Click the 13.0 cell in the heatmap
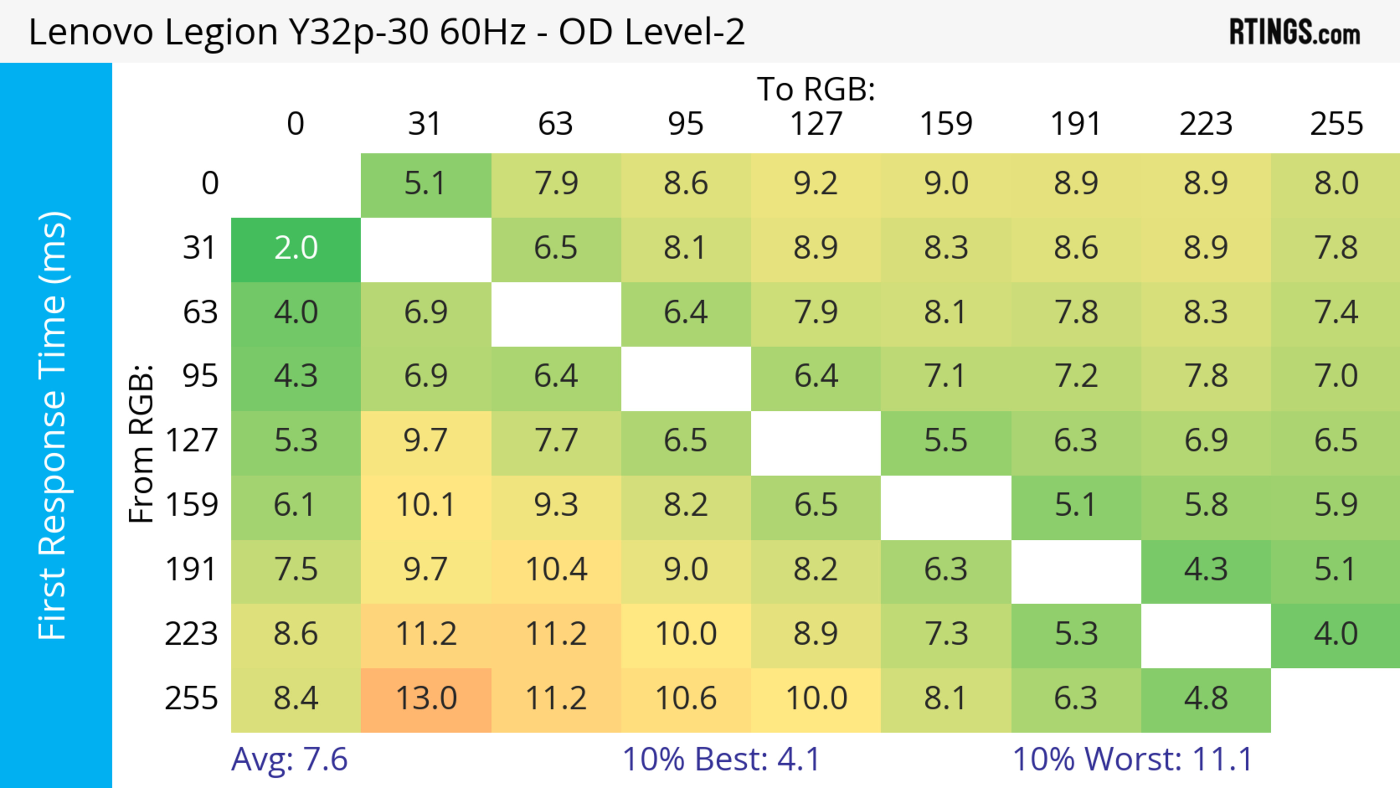pos(426,698)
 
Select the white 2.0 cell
pos(296,248)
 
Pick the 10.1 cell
pos(426,505)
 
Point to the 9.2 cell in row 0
pos(816,183)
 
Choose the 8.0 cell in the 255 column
pos(1336,183)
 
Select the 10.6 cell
pos(686,698)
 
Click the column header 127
pos(816,124)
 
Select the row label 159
pos(191,505)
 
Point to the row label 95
pos(200,376)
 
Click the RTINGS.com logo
pos(1295,32)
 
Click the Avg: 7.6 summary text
pos(289,759)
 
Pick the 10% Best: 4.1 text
pos(721,759)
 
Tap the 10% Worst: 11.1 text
pos(1133,759)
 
